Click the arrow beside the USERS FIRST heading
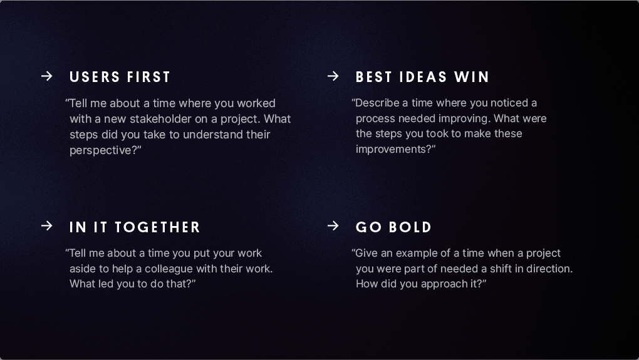click(x=46, y=76)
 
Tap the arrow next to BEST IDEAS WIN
click(x=333, y=76)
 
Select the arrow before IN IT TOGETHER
click(x=46, y=226)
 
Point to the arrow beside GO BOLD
click(x=333, y=226)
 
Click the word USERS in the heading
click(x=95, y=77)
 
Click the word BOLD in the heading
click(x=410, y=227)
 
